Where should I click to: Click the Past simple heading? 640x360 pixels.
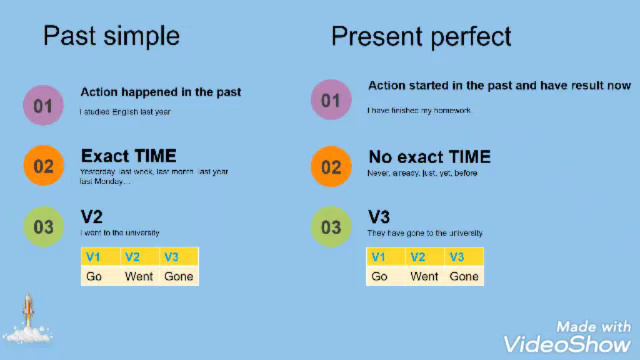point(111,37)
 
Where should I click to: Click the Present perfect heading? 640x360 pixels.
point(421,37)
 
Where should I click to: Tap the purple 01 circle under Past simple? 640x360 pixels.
point(43,105)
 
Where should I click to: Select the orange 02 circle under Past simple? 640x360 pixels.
point(43,166)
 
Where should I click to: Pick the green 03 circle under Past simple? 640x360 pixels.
point(43,227)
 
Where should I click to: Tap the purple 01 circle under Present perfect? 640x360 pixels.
point(330,100)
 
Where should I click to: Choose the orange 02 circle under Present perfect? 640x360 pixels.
point(330,166)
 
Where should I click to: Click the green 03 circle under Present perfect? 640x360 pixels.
point(330,227)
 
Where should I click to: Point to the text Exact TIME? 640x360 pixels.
point(128,156)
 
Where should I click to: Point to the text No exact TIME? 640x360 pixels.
point(429,157)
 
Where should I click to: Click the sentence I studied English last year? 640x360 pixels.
point(125,112)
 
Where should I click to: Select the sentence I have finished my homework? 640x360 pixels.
point(418,110)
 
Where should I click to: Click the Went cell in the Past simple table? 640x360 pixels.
point(139,276)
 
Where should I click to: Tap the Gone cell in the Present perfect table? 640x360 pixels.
point(464,276)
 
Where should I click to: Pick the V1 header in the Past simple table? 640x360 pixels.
point(94,257)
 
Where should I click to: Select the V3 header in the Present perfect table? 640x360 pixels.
point(457,257)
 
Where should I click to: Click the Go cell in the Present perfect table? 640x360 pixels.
point(379,276)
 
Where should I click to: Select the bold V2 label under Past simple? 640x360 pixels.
point(92,217)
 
